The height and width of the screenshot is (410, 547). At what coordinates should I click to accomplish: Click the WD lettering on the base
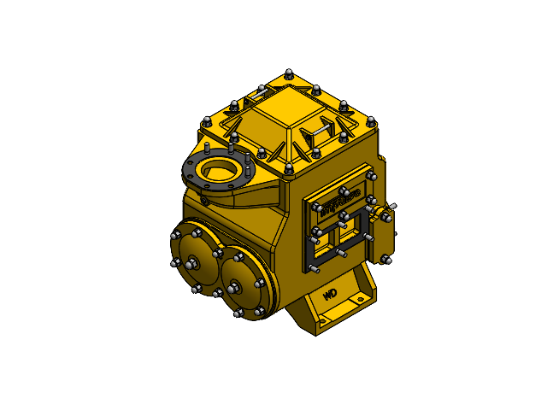331,295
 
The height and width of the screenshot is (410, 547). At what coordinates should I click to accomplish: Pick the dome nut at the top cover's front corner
289,167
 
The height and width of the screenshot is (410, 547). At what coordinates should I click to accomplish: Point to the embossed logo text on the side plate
338,203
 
